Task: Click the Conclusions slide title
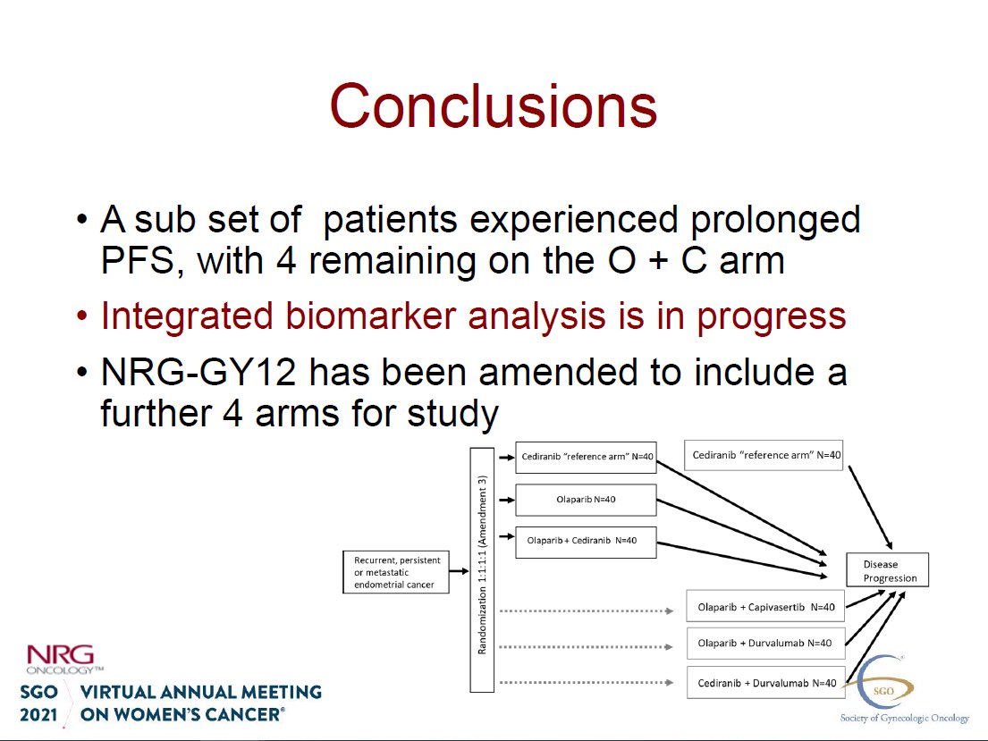(494, 105)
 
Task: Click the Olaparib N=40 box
(586, 499)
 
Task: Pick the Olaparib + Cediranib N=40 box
(586, 541)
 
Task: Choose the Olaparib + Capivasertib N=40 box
(765, 607)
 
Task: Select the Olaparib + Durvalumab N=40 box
(765, 643)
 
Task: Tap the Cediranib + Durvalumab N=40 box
(765, 683)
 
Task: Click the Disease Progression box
(887, 571)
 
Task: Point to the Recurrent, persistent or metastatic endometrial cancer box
(393, 572)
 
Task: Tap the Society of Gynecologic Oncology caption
(904, 718)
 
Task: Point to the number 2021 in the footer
(38, 715)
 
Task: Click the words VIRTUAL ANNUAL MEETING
(201, 692)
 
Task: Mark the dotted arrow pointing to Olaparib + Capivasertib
(586, 611)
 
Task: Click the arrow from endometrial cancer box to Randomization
(458, 571)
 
